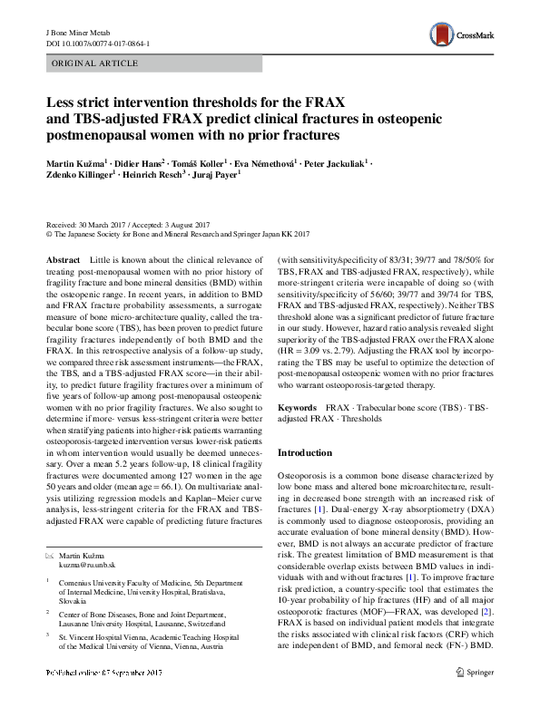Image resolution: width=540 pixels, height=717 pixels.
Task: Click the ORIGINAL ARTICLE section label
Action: (95, 64)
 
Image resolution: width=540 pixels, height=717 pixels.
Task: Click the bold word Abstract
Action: (63, 259)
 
